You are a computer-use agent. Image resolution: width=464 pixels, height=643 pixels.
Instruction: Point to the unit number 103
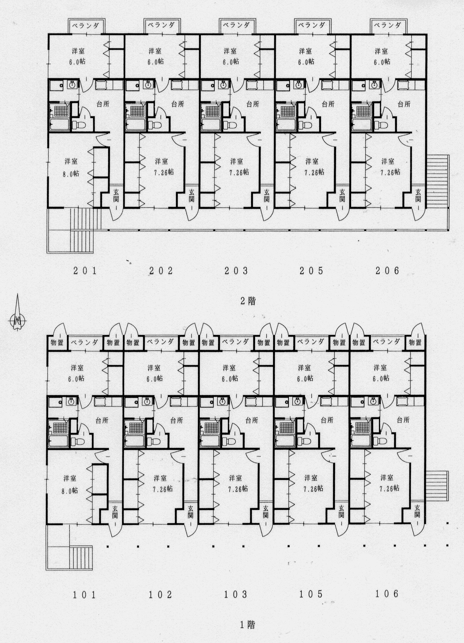[x=236, y=594]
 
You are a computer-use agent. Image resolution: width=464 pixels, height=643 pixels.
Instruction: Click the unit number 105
[x=311, y=594]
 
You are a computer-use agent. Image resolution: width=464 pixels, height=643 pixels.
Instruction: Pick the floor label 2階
[x=247, y=301]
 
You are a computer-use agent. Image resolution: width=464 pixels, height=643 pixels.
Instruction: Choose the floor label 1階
[x=247, y=624]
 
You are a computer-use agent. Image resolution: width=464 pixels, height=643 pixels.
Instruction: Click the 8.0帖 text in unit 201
[x=71, y=173]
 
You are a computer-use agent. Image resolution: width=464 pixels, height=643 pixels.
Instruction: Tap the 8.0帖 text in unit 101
[x=70, y=490]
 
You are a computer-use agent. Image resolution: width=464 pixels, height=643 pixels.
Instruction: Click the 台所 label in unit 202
[x=178, y=104]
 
